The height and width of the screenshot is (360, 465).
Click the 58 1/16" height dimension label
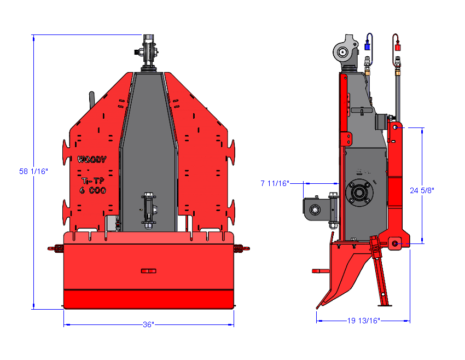pos(34,171)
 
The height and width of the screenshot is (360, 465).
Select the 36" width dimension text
pos(148,324)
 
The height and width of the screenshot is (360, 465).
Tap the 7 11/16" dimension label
pos(275,183)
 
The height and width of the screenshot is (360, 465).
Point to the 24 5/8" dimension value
pos(422,190)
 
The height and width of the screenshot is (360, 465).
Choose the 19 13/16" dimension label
pos(363,321)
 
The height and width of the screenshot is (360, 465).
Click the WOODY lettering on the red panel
pos(92,160)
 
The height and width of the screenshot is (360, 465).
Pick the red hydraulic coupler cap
pos(396,47)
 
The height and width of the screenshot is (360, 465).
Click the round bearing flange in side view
pos(359,192)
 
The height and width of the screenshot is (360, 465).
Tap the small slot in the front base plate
pos(148,270)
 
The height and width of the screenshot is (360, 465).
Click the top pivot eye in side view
pos(342,53)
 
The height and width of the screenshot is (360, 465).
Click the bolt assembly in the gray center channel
pos(148,209)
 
